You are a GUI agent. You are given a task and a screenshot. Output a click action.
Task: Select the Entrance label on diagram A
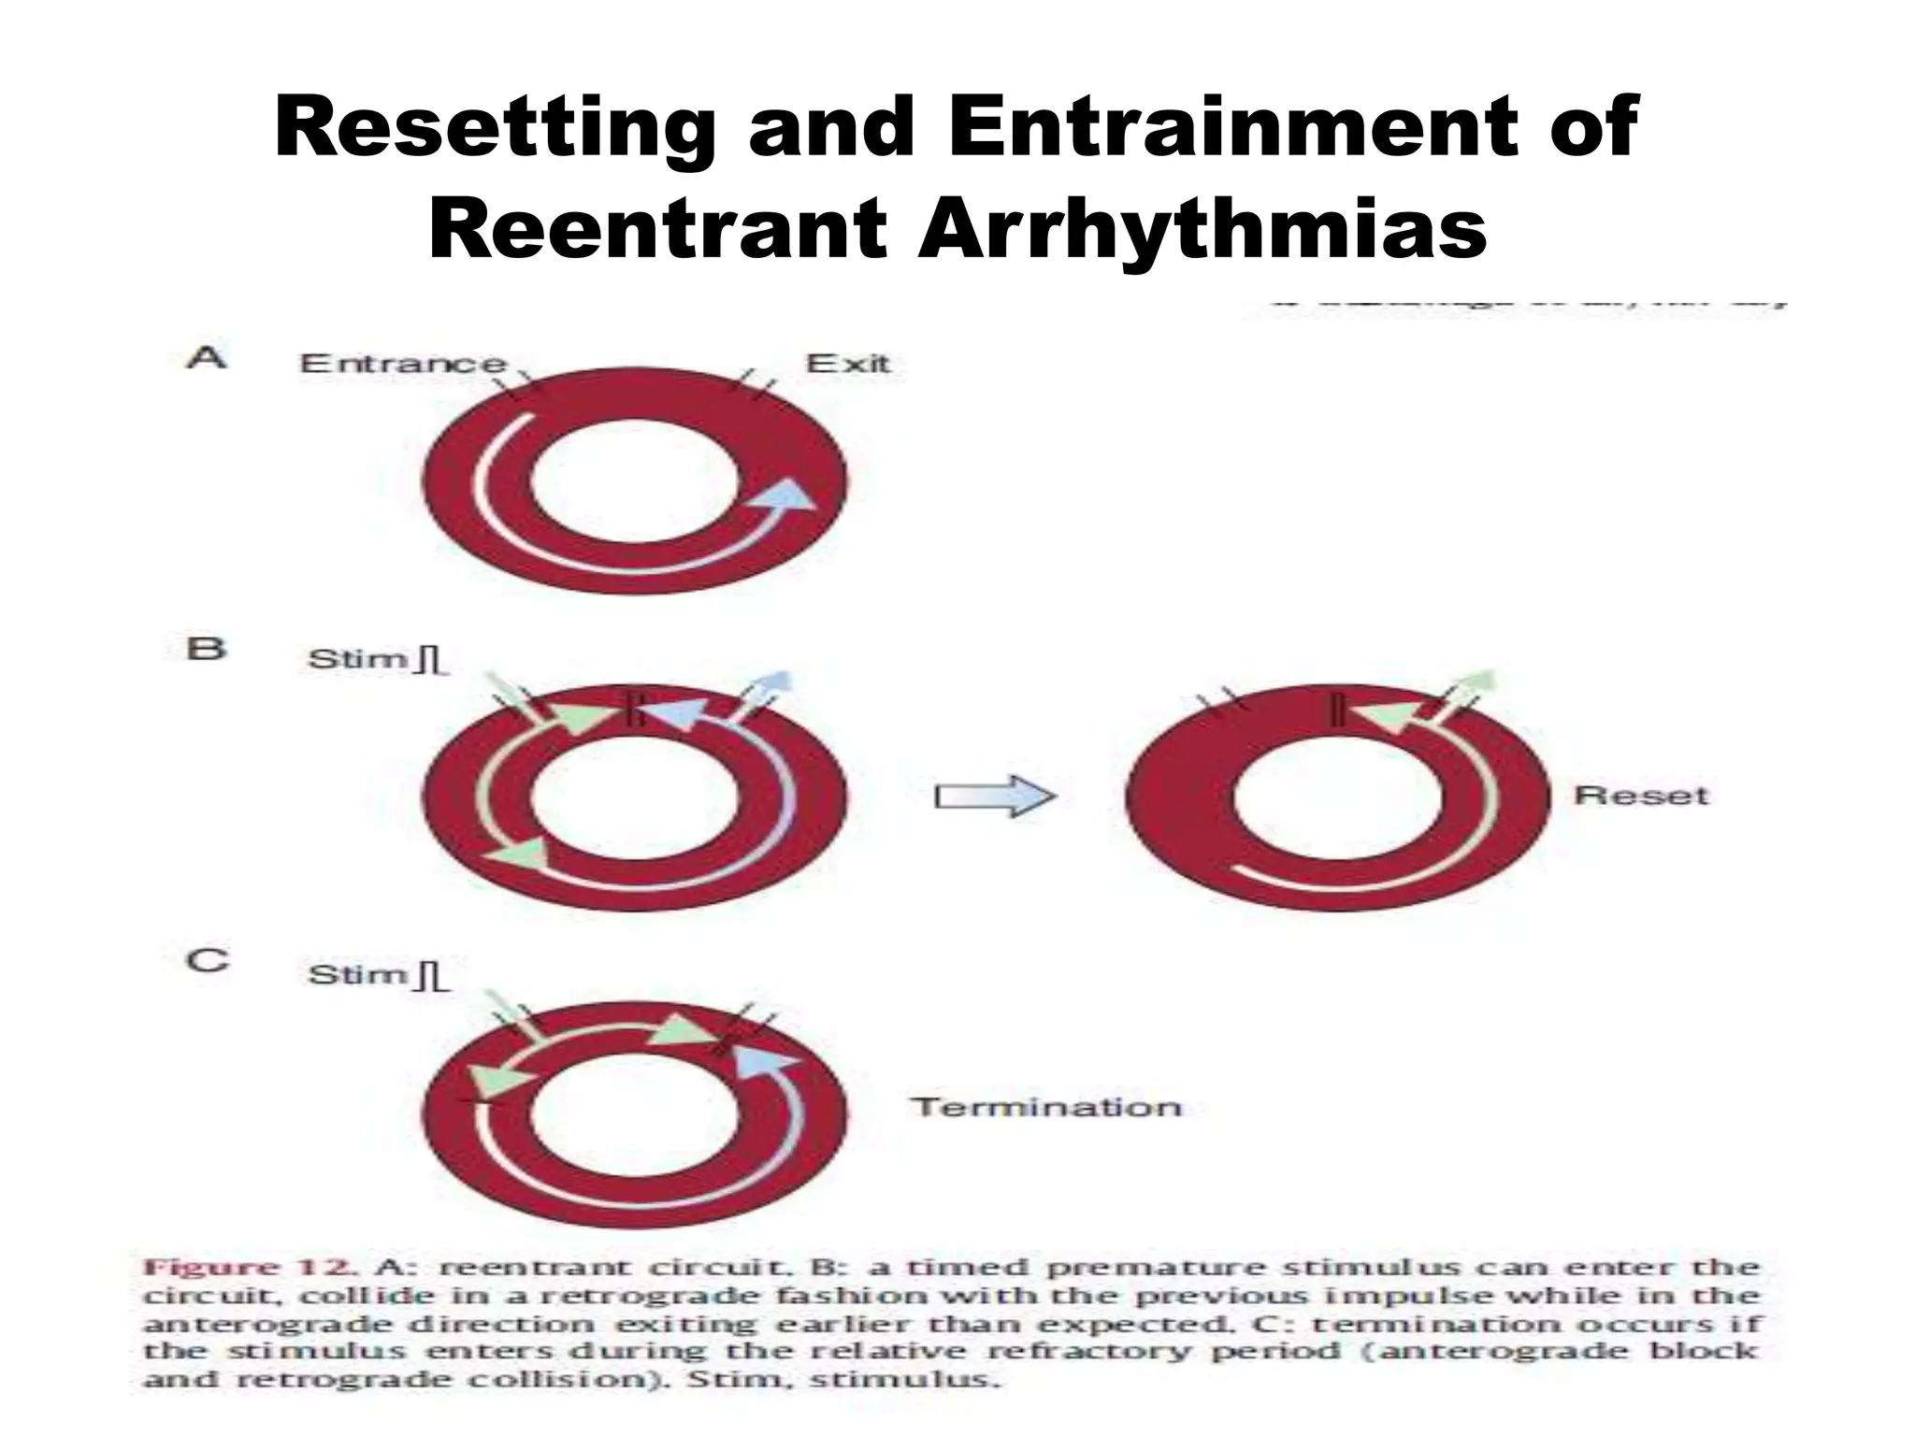point(403,364)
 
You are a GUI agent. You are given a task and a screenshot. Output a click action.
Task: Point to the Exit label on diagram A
point(847,364)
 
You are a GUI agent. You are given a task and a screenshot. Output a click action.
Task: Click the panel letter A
point(207,357)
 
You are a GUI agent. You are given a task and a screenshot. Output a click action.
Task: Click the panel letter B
point(207,649)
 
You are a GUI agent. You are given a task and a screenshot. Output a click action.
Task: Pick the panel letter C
point(208,961)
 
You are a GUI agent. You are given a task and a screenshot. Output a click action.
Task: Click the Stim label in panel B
point(358,659)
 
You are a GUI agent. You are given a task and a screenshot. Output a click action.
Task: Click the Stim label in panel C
point(358,975)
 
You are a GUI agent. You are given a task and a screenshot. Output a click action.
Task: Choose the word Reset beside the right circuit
point(1641,796)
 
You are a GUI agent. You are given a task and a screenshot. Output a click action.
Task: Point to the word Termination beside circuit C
point(1046,1108)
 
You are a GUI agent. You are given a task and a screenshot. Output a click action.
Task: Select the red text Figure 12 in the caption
point(248,1269)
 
